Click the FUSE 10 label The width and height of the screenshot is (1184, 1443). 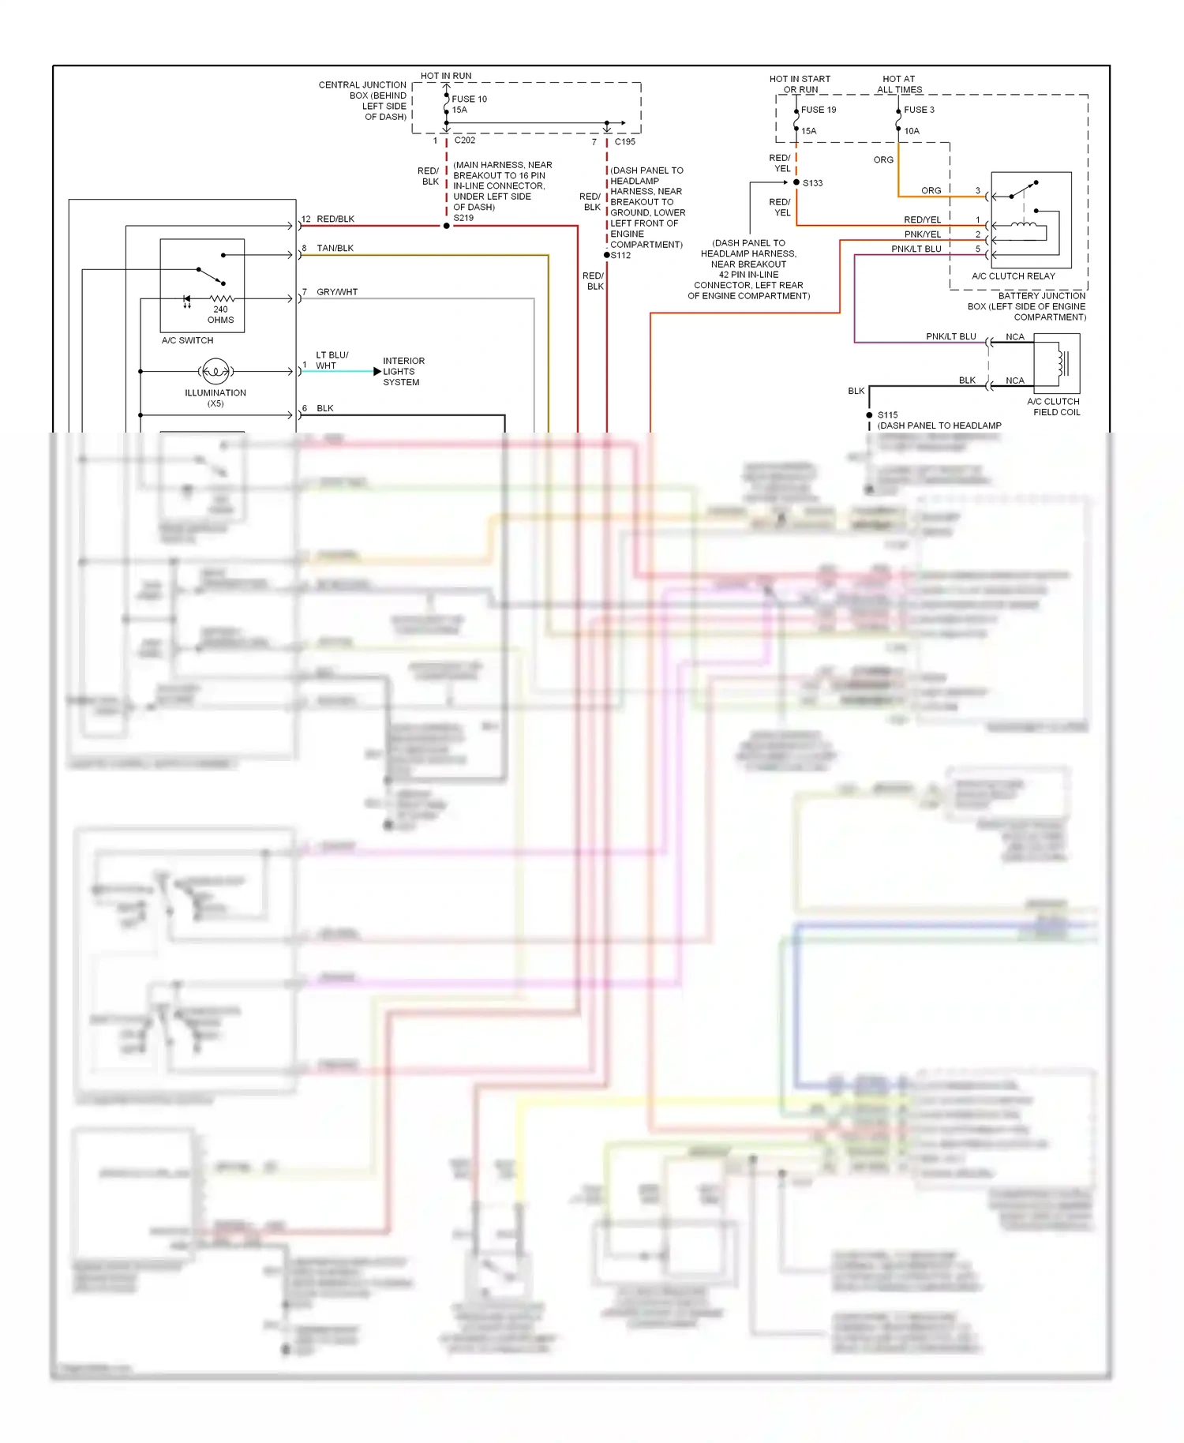(469, 99)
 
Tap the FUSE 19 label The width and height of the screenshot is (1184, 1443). (819, 110)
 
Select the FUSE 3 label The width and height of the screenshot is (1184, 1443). (919, 110)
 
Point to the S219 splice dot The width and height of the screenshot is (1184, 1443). (447, 226)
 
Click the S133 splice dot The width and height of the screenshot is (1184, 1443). (796, 182)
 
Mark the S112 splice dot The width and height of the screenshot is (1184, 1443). (607, 255)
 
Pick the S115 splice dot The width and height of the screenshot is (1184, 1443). (869, 414)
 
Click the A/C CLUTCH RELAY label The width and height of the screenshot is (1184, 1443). (1013, 276)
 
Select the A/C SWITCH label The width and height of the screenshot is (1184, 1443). (187, 340)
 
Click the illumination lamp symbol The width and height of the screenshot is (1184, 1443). (215, 371)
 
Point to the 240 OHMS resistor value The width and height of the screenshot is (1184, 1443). (220, 315)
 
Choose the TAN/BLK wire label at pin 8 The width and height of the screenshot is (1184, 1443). (335, 248)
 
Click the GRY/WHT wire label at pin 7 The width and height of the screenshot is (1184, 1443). (337, 292)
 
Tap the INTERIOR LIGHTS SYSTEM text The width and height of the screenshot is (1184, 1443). (403, 371)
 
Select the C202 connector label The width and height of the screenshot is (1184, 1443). (465, 141)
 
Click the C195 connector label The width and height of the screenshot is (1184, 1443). (624, 142)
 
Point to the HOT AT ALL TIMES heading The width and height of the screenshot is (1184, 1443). (899, 84)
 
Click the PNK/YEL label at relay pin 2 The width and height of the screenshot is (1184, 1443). (922, 234)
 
